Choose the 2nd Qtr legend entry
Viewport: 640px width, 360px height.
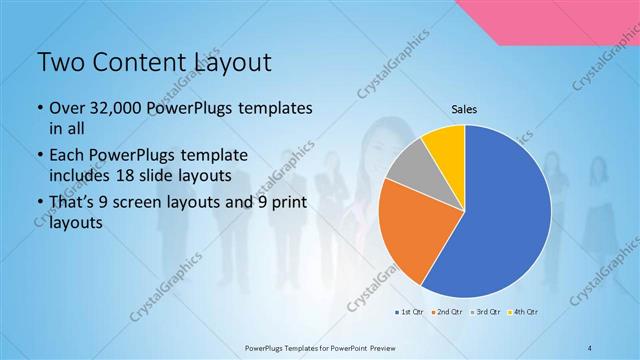pos(446,313)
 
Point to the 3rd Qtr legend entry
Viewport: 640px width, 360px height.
pos(486,313)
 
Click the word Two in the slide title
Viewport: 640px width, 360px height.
pos(61,63)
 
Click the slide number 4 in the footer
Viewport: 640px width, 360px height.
pos(591,347)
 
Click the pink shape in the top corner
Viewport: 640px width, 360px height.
pos(570,20)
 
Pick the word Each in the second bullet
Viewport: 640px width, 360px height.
pos(68,156)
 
